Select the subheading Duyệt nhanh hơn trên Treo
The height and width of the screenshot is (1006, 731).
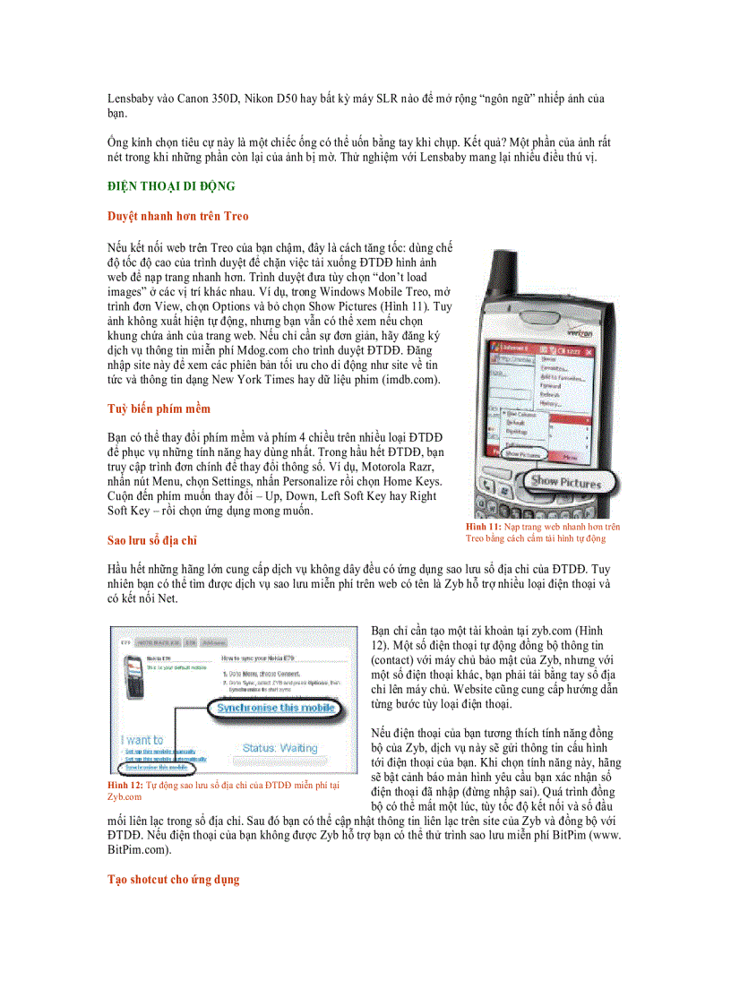click(x=178, y=216)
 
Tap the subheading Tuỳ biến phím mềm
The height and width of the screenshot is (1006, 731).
click(x=159, y=408)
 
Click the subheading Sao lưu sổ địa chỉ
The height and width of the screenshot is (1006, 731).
click(x=151, y=540)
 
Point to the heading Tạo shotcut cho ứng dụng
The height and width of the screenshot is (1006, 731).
click(x=174, y=880)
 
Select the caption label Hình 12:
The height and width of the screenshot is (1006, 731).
click(x=125, y=785)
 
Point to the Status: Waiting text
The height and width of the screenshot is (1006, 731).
click(x=279, y=747)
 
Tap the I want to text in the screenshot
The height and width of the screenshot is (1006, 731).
click(x=142, y=740)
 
